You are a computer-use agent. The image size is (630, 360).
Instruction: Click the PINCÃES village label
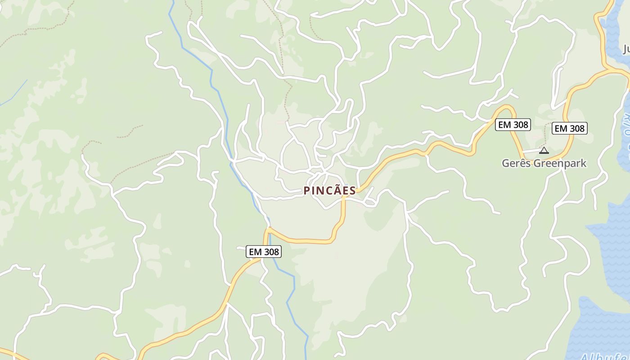point(330,191)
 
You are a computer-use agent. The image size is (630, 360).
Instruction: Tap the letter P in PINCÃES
point(307,191)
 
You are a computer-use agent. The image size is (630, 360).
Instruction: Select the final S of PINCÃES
point(352,191)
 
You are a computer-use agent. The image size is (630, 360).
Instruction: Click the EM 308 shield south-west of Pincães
point(264,252)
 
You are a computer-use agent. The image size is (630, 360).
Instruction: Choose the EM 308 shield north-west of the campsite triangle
point(513,125)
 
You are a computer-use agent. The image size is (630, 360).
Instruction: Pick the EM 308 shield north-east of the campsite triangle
point(570,128)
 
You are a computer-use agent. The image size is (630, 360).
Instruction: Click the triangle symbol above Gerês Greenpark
point(544,150)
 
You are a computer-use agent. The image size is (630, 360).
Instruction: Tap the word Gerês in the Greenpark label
point(516,163)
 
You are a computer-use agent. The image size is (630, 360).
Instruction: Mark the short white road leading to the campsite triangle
point(531,151)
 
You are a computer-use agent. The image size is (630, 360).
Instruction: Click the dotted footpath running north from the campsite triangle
point(545,133)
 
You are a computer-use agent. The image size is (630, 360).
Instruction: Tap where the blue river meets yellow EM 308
point(269,229)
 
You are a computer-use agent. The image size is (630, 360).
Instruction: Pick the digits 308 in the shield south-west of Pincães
point(271,252)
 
